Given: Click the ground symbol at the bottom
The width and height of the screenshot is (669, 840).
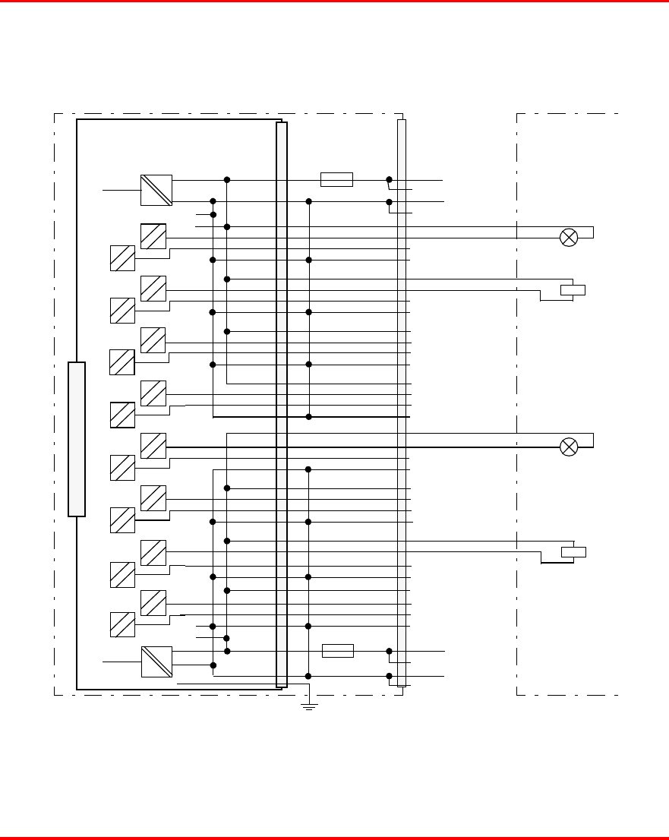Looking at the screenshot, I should pos(309,706).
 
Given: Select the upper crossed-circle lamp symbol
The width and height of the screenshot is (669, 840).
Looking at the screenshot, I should pos(569,238).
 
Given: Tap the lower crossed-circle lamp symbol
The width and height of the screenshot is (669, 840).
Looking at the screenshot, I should pos(569,447).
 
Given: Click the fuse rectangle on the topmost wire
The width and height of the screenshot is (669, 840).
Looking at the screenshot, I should pos(336,180).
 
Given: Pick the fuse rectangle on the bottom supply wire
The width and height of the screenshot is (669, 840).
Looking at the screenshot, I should pos(338,651).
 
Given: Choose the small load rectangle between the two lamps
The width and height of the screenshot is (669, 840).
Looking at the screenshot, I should pos(573,289).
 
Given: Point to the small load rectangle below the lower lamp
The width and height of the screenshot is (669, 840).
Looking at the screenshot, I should pos(573,551).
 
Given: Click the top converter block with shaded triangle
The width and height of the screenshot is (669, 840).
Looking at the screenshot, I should pos(156,190).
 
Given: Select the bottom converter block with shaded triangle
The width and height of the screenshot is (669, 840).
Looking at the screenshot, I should pos(156,662).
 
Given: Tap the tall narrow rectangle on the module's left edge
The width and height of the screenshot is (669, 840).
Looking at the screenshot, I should pos(77,439).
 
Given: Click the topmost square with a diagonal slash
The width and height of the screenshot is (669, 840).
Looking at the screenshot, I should pos(153,237).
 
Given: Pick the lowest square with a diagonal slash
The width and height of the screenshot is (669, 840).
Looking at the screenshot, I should pos(122,624).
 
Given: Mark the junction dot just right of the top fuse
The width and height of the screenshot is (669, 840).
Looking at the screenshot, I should pos(389,180).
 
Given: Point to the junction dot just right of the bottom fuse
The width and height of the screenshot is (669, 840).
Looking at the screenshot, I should pos(389,651).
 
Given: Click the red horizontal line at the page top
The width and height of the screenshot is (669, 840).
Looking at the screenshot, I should pos(334,2).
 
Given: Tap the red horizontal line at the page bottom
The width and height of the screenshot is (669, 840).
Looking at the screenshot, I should pos(334,838).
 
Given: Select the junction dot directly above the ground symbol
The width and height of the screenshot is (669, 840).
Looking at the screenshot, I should pos(309,676).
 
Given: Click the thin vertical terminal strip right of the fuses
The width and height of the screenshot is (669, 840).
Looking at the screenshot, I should pos(402,403).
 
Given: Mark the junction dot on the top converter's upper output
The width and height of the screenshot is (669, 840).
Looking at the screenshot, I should pos(227,180).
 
